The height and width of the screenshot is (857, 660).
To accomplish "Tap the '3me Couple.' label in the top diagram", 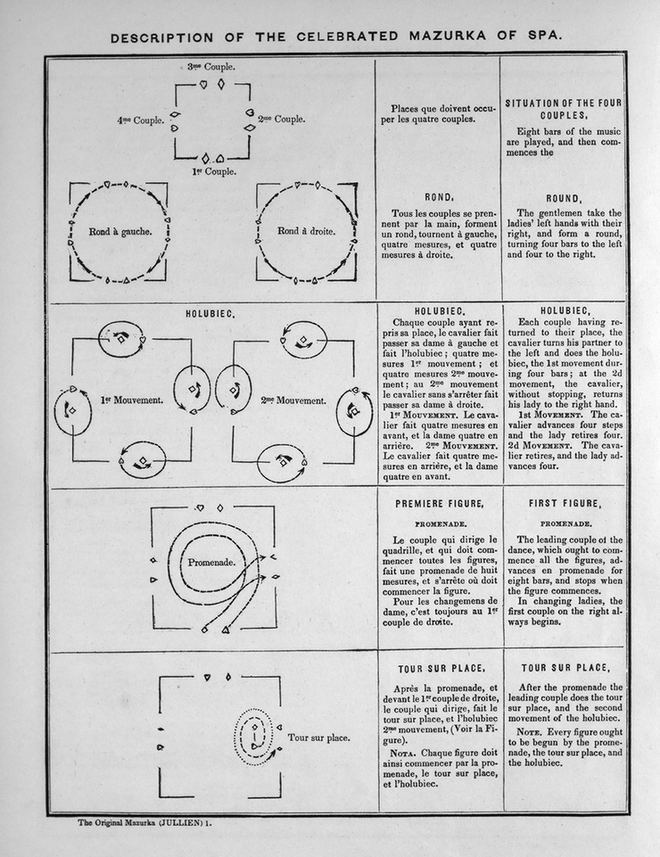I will pyautogui.click(x=211, y=67).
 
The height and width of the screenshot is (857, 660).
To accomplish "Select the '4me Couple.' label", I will pyautogui.click(x=141, y=120).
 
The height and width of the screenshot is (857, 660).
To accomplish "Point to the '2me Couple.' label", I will pyautogui.click(x=281, y=119).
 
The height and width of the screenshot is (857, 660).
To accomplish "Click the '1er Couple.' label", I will pyautogui.click(x=214, y=171).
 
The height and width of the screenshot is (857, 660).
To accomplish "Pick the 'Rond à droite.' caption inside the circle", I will pyautogui.click(x=306, y=232).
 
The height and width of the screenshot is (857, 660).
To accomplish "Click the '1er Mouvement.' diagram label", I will pyautogui.click(x=131, y=400).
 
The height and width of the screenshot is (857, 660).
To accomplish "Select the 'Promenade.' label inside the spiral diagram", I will pyautogui.click(x=210, y=563).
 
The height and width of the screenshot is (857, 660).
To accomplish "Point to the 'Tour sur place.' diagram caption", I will pyautogui.click(x=318, y=738).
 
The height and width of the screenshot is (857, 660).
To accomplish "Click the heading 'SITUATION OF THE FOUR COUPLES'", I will pyautogui.click(x=563, y=109).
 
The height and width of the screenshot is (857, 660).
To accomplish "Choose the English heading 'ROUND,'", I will pyautogui.click(x=563, y=198).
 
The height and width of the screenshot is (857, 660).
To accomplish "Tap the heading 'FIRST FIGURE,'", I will pyautogui.click(x=563, y=504).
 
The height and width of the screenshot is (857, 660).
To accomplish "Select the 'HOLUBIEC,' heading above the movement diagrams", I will pyautogui.click(x=210, y=314).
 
